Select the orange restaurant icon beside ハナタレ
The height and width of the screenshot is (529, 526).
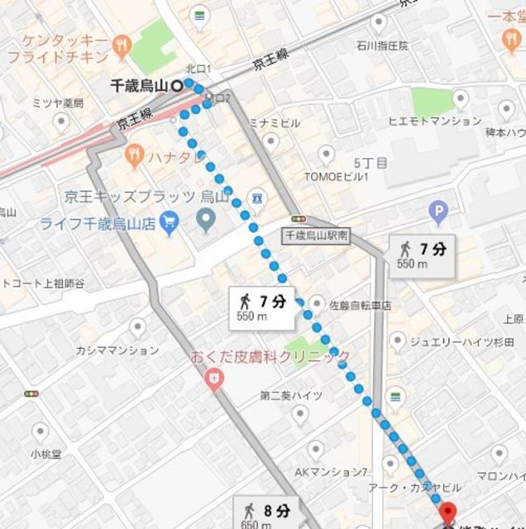click(x=132, y=155)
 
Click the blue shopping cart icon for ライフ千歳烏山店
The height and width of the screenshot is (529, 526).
click(x=170, y=222)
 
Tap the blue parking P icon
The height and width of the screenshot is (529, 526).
click(x=438, y=213)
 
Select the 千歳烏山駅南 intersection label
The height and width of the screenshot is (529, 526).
click(x=315, y=236)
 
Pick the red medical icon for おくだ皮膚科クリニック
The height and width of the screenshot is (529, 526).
click(x=214, y=379)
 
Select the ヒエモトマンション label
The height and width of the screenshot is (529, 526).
click(x=434, y=122)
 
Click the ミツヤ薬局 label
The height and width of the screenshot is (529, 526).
click(x=58, y=103)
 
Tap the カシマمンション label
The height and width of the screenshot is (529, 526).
click(x=115, y=350)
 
